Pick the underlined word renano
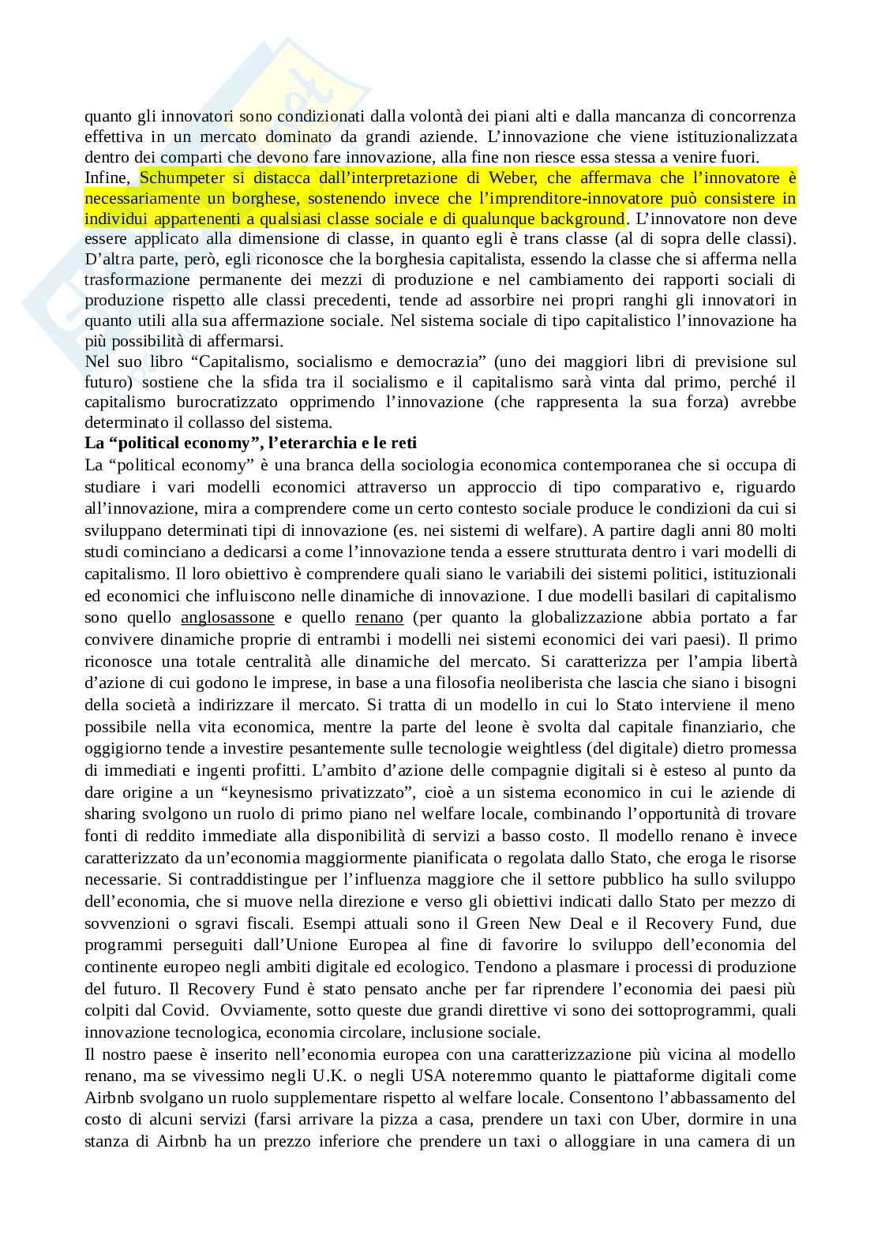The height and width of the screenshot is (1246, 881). click(x=379, y=617)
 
